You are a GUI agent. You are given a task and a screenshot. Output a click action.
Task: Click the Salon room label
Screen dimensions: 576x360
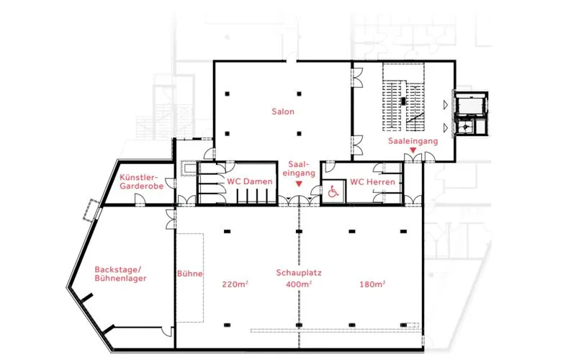(x=283, y=112)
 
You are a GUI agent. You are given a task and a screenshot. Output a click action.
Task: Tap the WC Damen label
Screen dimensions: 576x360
(x=249, y=181)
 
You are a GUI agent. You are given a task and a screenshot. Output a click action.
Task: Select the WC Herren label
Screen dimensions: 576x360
(x=372, y=182)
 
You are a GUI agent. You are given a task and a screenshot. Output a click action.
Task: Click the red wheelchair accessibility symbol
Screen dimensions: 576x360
(x=333, y=192)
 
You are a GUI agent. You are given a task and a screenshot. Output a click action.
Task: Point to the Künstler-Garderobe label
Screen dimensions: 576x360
(x=141, y=182)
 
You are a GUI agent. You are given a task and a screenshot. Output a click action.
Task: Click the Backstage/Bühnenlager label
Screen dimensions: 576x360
(x=120, y=274)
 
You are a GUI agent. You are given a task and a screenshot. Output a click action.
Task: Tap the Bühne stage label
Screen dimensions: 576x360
(x=189, y=274)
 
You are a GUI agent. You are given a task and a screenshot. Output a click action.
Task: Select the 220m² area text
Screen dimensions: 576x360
(x=235, y=284)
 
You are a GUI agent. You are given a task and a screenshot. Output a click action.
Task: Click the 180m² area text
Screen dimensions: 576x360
(x=372, y=284)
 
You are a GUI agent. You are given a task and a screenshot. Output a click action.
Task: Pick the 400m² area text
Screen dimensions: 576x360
(x=299, y=284)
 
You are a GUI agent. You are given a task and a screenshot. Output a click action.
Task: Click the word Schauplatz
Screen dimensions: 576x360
(x=299, y=273)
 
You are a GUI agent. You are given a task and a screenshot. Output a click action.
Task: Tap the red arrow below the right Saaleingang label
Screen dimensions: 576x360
(x=413, y=150)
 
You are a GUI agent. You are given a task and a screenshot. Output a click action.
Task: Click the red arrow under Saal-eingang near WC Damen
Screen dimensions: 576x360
(x=299, y=184)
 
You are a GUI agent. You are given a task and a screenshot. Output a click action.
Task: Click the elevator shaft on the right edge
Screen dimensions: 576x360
(x=472, y=113)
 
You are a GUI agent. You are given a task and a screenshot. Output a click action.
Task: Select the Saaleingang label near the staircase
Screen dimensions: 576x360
(x=413, y=140)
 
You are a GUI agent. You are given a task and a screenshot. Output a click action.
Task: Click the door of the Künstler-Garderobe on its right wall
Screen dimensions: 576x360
(x=171, y=184)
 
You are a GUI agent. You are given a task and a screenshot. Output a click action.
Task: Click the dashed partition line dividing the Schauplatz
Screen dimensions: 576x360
(x=299, y=276)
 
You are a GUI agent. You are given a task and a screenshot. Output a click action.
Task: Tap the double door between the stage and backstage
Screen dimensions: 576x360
(x=171, y=220)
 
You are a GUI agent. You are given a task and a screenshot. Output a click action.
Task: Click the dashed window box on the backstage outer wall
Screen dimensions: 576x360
(x=91, y=210)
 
